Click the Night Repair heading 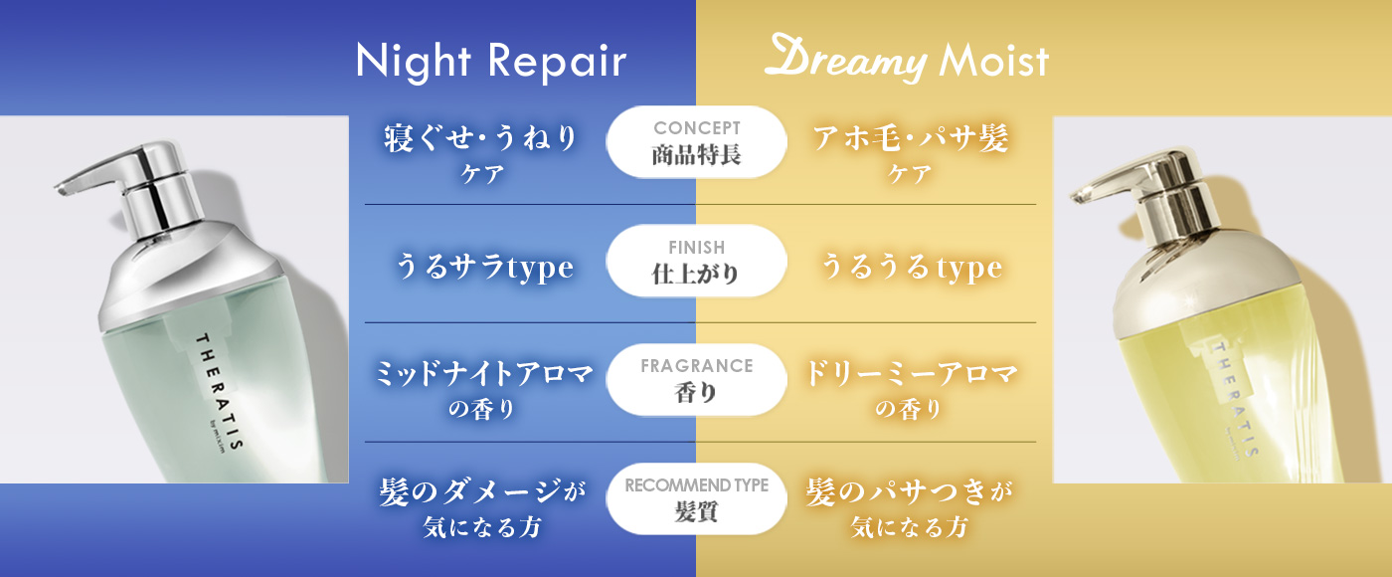(491, 62)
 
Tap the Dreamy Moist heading (907, 59)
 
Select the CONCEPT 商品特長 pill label (697, 142)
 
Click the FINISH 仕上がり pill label (697, 261)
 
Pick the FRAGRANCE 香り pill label (697, 380)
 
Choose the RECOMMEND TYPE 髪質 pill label (697, 498)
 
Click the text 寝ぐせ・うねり (480, 138)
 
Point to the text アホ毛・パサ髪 (911, 138)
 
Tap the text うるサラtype (484, 268)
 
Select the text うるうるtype (912, 268)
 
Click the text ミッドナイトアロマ (484, 374)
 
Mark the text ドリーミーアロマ (912, 374)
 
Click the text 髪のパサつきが (910, 492)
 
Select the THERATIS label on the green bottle (219, 392)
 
